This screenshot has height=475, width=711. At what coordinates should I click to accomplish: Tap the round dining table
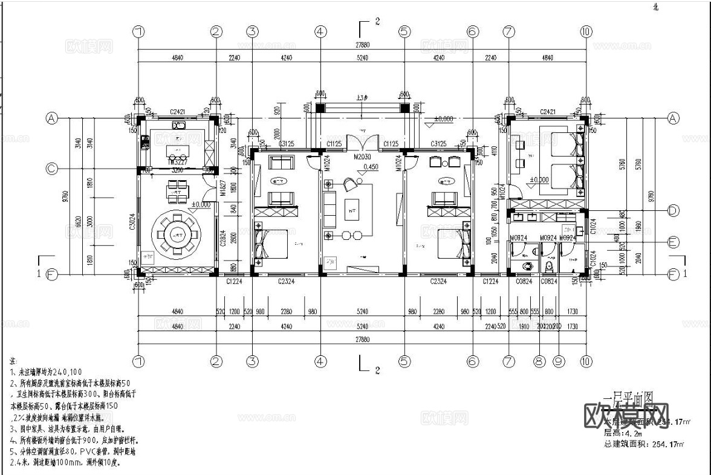tap(177, 231)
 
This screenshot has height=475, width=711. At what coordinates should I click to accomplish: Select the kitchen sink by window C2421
tap(178, 126)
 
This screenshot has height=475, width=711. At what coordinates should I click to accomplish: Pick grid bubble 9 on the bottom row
tap(559, 361)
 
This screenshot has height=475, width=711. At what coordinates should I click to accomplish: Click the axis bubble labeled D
tap(674, 211)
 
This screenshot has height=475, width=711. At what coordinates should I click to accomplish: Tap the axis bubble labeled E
tap(674, 242)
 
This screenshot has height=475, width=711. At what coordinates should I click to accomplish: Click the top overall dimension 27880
tap(363, 45)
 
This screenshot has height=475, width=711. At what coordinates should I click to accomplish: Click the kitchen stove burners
tap(145, 143)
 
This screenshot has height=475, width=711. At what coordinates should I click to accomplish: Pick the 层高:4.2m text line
tap(623, 433)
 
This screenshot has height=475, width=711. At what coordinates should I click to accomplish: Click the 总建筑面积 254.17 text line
tap(644, 444)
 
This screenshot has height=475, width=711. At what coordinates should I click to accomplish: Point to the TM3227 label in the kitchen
tap(177, 163)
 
